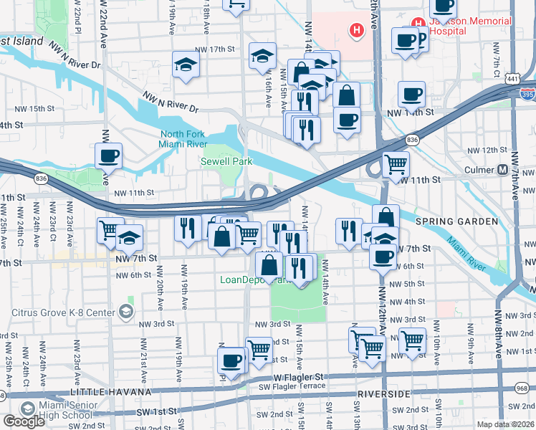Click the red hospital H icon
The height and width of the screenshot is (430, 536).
(x=356, y=31)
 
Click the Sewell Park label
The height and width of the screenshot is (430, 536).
(x=226, y=162)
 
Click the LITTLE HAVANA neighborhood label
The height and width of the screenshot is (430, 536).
(x=110, y=393)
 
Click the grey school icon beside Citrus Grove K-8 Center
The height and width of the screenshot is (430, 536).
(x=126, y=311)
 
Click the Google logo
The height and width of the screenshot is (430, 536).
(x=24, y=421)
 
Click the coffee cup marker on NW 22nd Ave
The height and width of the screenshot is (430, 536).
(x=109, y=156)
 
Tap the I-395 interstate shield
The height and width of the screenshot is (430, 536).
(x=527, y=93)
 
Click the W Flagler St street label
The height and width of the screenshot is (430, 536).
(x=299, y=376)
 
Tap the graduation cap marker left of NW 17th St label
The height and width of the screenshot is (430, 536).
(x=186, y=64)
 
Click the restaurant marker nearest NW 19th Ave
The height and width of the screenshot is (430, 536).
(x=188, y=228)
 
